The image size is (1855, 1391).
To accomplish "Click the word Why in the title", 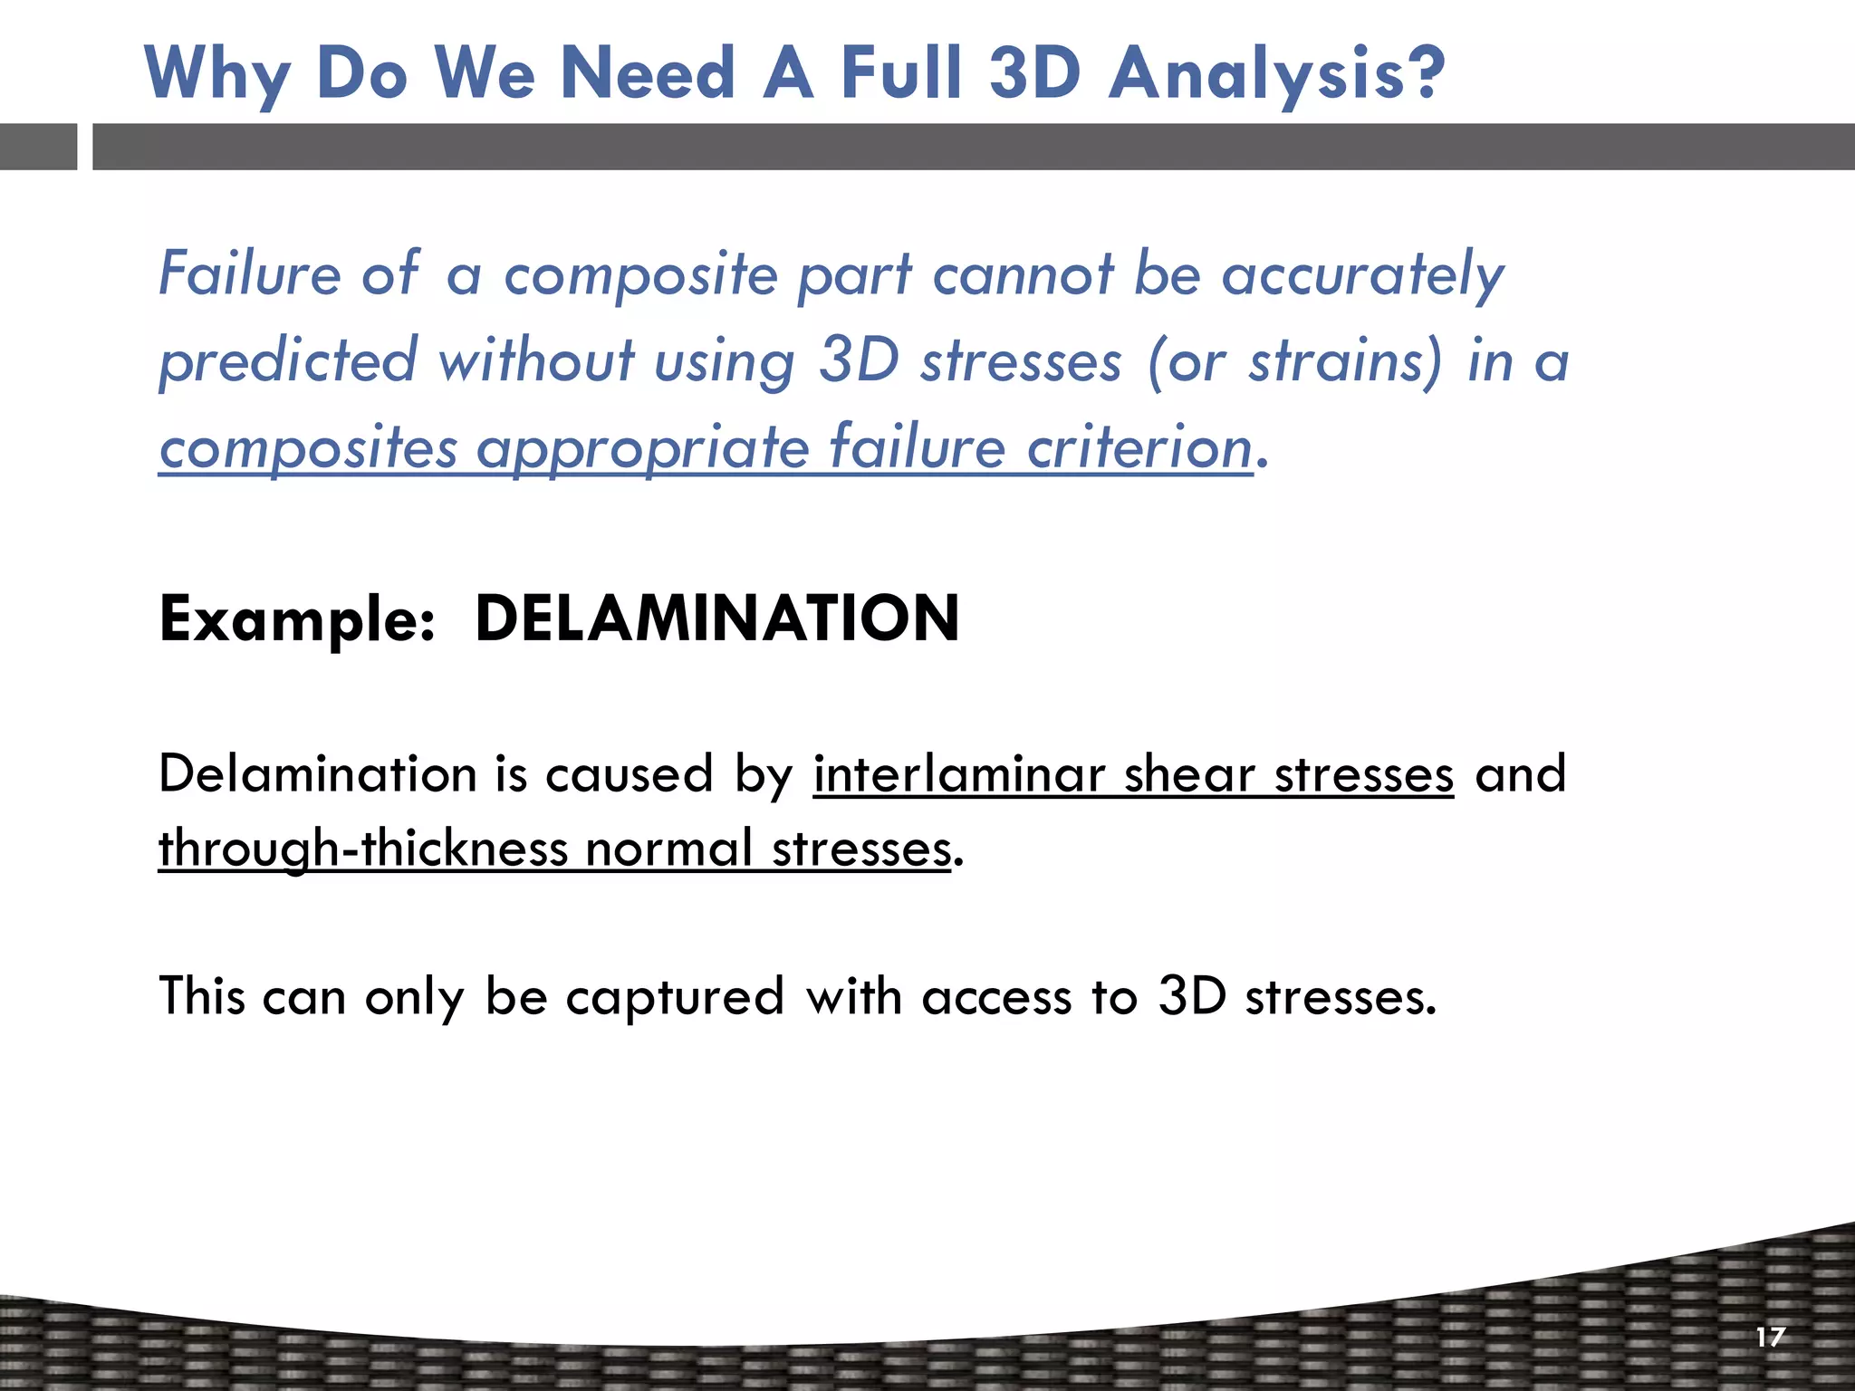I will point(216,74).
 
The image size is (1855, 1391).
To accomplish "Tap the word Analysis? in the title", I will point(1276,74).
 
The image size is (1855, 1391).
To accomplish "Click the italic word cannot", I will point(1022,273).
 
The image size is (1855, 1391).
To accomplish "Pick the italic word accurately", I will point(1362,275).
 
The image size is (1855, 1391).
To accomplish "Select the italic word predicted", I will point(288,360).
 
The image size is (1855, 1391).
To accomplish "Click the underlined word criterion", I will point(1139,447).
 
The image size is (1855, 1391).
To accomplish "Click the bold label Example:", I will point(297,620).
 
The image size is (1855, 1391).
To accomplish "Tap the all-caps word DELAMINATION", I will point(716,619).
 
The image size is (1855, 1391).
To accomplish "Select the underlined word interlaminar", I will point(958,775).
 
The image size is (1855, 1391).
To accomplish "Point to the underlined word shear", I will point(1188,775).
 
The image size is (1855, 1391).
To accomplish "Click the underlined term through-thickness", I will point(362,849).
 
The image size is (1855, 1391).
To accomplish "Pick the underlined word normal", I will point(668,849).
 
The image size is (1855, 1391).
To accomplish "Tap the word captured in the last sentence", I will point(674,998).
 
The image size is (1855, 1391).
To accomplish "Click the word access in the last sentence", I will point(996,998).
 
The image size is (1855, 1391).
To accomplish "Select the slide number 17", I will point(1770,1337).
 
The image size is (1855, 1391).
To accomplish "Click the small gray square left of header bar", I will point(38,147).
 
